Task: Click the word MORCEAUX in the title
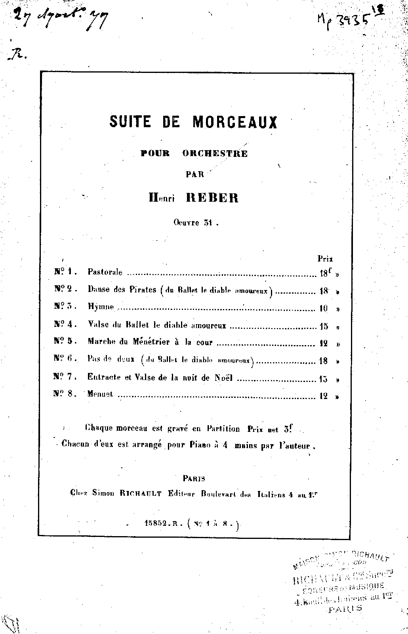pos(235,122)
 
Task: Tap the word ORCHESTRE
pos(215,154)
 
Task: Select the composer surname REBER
pos(212,198)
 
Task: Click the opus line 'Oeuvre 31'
pos(196,222)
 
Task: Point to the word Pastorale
pos(105,273)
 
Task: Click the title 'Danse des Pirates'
pos(122,290)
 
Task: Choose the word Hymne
pos(101,307)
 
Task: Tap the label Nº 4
pos(63,325)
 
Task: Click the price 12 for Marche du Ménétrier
pos(324,344)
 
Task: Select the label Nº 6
pos(63,359)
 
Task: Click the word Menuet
pos(100,395)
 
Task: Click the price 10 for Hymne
pos(324,308)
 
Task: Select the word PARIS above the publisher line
pos(194,478)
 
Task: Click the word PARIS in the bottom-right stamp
pos(345,609)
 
